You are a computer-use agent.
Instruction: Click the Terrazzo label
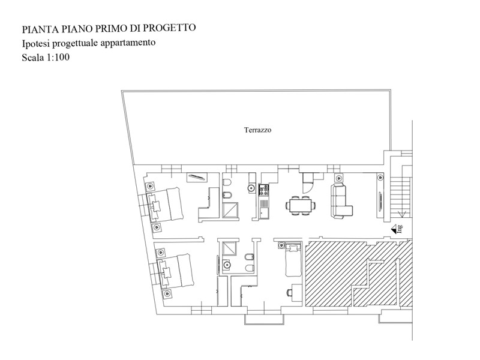point(257,130)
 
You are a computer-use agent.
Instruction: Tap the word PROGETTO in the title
point(170,28)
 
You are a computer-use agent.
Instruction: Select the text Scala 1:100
point(46,57)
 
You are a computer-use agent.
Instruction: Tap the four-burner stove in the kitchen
point(263,190)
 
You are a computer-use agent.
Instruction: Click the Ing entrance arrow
point(397,229)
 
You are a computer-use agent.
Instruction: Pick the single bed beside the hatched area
point(293,260)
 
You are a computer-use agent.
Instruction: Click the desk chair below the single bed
point(289,293)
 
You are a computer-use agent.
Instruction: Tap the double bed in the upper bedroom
point(165,204)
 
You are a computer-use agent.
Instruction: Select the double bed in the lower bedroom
point(175,271)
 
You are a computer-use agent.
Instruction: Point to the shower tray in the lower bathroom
point(229,248)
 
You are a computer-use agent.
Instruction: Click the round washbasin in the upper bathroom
point(251,188)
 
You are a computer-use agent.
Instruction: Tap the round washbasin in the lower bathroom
point(227,263)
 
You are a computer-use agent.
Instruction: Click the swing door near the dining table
point(307,183)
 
